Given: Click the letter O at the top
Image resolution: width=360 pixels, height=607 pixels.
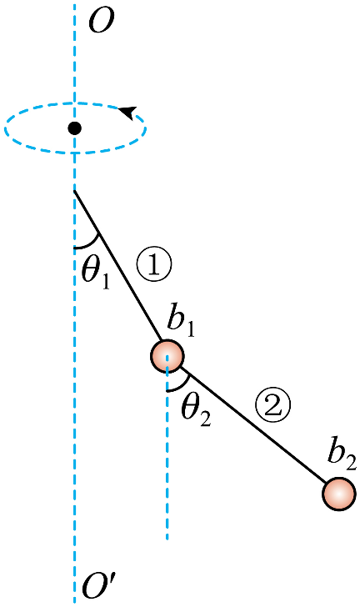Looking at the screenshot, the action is (102, 21).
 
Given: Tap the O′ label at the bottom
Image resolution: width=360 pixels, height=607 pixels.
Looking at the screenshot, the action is (99, 588).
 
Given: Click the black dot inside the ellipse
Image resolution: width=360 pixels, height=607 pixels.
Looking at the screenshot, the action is (74, 128).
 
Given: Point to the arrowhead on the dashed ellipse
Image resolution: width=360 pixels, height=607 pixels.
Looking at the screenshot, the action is (128, 112).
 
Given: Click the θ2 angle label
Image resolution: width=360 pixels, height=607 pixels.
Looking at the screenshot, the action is (197, 412).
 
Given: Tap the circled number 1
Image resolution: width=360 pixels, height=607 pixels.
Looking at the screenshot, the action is (153, 266).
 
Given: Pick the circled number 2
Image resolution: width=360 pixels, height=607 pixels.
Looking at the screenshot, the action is (272, 407).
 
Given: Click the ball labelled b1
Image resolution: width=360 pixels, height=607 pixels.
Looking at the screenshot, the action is (167, 356).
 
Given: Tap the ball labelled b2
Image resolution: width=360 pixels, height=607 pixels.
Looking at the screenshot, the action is (338, 494).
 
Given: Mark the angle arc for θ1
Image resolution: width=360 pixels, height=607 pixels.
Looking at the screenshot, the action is (92, 243).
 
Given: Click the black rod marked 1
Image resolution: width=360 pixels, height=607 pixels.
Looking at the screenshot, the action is (117, 265).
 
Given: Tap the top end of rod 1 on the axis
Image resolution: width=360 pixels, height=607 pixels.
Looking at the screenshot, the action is (74, 190).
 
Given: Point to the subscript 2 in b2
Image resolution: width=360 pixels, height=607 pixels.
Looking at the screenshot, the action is (351, 464).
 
